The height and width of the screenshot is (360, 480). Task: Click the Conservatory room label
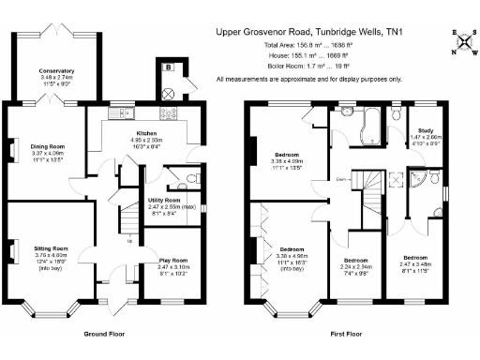coord(56,70)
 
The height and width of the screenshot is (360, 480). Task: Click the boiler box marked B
coord(169,67)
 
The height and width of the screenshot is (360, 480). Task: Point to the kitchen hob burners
coord(172,115)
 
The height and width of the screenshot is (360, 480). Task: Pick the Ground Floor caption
coord(105,334)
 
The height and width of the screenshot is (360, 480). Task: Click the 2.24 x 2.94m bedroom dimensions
coord(355,265)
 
